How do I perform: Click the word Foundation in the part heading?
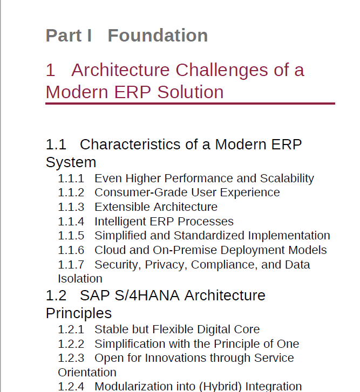[x=158, y=35]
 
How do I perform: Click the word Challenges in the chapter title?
[x=222, y=70]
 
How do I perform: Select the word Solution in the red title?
[x=191, y=92]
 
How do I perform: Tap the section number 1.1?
[x=56, y=145]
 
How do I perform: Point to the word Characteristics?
[x=130, y=145]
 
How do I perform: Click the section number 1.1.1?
[x=71, y=178]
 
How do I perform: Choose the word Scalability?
[x=287, y=179]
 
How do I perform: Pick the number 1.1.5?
[x=71, y=236]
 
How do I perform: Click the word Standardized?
[x=209, y=236]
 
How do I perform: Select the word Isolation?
[x=80, y=279]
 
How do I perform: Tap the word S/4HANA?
[x=147, y=295]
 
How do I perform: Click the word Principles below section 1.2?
[x=79, y=313]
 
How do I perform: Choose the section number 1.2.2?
[x=71, y=344]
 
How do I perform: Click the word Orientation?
[x=87, y=373]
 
